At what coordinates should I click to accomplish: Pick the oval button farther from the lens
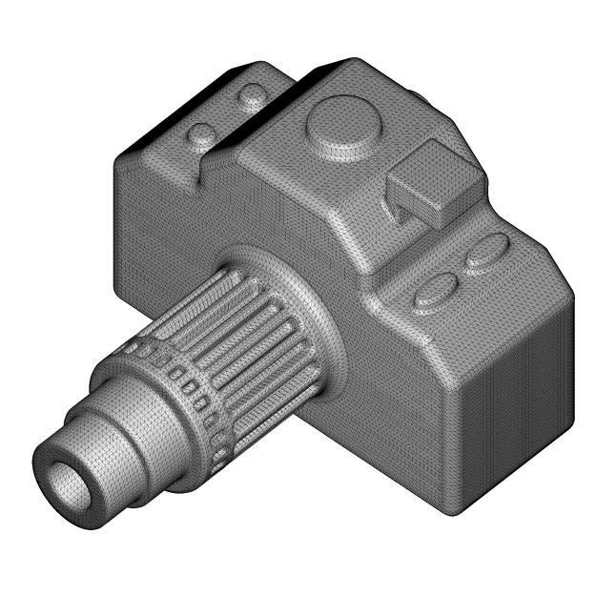click(487, 252)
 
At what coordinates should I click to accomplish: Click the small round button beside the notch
click(202, 134)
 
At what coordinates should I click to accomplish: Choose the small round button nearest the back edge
click(253, 96)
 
